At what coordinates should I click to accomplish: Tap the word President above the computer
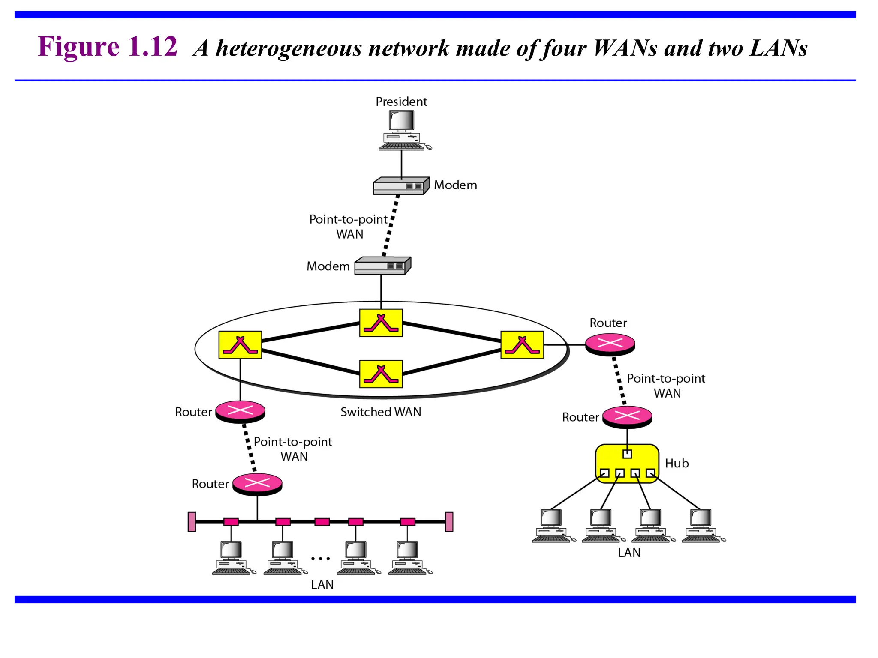pos(401,102)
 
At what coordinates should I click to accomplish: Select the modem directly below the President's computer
pos(401,186)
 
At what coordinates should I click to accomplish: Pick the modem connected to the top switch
pos(382,266)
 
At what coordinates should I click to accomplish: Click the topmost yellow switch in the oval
pos(381,323)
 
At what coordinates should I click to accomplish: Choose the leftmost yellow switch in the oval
pos(240,344)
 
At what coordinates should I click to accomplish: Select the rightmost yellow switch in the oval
pos(522,344)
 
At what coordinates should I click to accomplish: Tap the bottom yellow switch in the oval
pos(381,374)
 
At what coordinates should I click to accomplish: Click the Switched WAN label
pos(381,412)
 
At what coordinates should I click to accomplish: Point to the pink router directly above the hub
pos(627,416)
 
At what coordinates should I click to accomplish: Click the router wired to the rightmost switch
pos(610,344)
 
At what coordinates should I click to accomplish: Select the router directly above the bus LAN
pos(257,484)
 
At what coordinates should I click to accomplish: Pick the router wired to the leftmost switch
pos(240,411)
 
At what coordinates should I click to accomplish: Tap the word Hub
pos(677,463)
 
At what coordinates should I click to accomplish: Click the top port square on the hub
pos(627,454)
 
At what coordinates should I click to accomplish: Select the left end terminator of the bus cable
pos(192,522)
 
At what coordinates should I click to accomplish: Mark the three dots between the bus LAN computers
pos(320,559)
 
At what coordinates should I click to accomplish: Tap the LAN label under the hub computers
pos(629,553)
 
